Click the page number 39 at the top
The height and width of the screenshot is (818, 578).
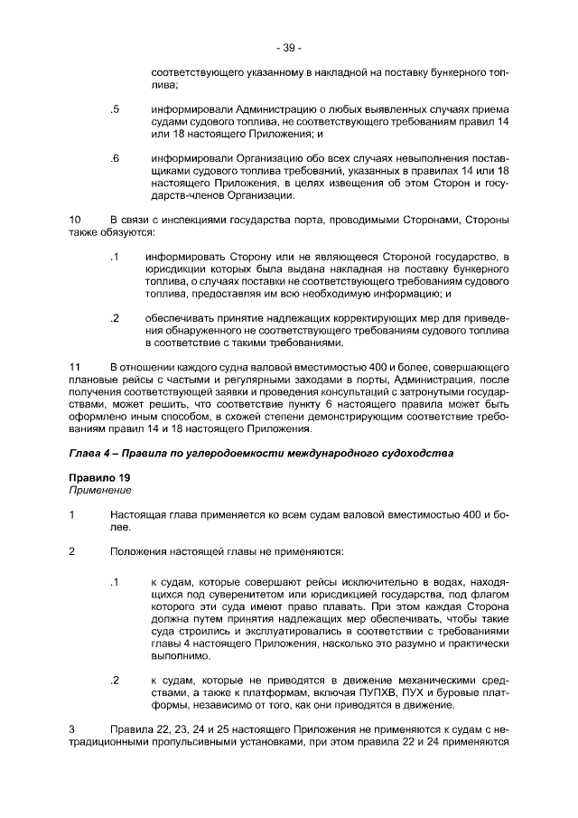[x=289, y=48]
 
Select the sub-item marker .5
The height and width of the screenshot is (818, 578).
[x=115, y=109]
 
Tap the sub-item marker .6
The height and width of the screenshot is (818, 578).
[x=115, y=158]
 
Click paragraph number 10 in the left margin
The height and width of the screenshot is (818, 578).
[x=75, y=220]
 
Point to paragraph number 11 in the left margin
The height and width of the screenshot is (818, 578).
[x=75, y=368]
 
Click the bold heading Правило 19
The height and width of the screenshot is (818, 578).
[x=98, y=477]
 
